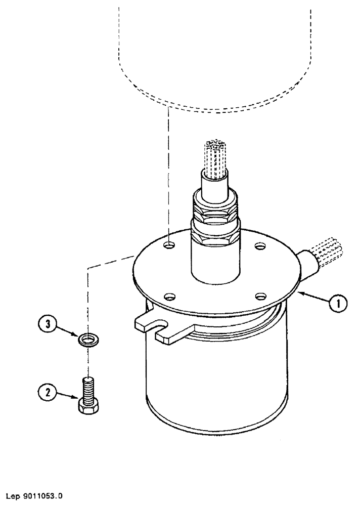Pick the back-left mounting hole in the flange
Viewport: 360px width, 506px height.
170,245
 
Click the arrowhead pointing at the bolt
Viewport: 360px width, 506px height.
76,399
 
